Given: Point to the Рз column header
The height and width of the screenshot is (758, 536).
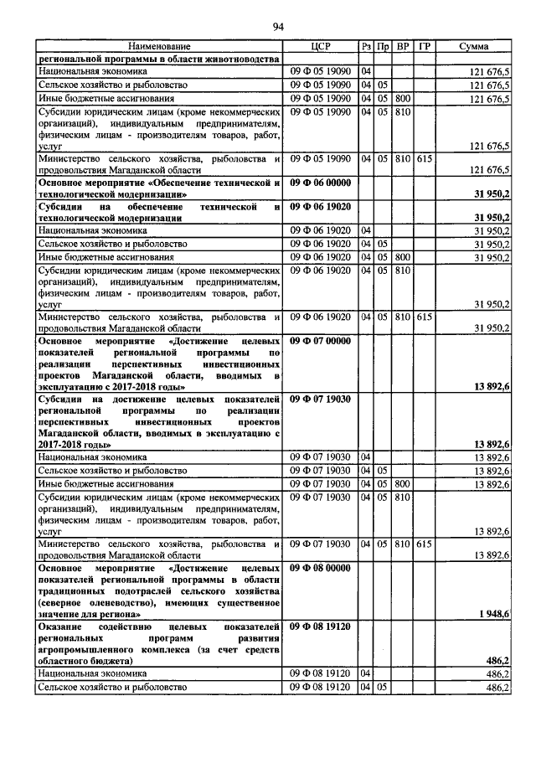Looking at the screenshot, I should click(x=366, y=46).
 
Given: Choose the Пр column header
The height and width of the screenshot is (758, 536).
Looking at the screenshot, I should click(x=383, y=46).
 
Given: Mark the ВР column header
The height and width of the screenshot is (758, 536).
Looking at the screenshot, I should click(x=403, y=46).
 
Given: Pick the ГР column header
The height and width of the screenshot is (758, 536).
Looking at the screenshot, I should click(x=425, y=46).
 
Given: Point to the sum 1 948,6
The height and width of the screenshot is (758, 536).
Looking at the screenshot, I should click(x=493, y=614).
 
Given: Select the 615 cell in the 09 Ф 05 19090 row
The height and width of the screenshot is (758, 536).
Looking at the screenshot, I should click(x=425, y=157).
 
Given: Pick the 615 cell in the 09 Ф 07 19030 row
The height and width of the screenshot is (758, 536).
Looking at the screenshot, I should click(x=425, y=544).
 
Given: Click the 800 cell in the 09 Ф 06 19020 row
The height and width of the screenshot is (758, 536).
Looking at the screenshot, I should click(x=403, y=256).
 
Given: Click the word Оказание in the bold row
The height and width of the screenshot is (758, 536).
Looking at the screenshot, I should click(x=64, y=626).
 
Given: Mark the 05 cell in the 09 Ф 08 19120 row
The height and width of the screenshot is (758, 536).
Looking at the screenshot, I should click(x=383, y=687).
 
